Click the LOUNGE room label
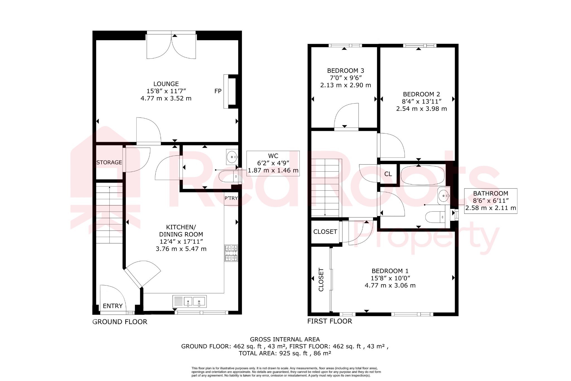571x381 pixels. (x=166, y=84)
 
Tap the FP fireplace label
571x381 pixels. (x=218, y=91)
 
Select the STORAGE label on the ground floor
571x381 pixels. (x=109, y=162)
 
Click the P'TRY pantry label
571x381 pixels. (x=231, y=198)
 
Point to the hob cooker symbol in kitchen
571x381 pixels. (x=231, y=253)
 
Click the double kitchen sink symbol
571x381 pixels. (x=190, y=301)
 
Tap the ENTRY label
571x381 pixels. (x=113, y=306)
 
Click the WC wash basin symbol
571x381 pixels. (x=232, y=157)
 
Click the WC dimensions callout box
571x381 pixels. (x=273, y=163)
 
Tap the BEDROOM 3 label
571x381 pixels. (x=345, y=71)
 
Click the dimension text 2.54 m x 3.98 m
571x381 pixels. (x=421, y=109)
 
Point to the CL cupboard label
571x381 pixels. (x=388, y=174)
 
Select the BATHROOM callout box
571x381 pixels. (x=490, y=201)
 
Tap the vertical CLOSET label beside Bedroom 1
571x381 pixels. (x=321, y=279)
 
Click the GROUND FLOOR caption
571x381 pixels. (x=120, y=322)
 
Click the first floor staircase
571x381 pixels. (x=325, y=188)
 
